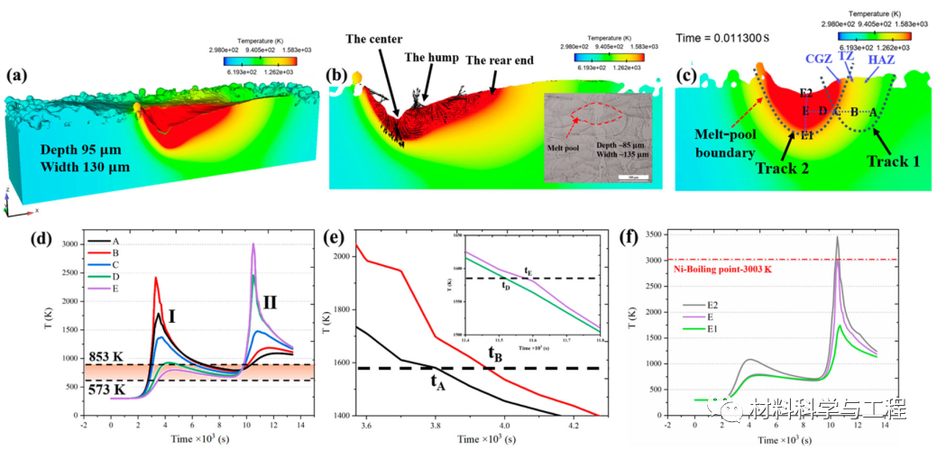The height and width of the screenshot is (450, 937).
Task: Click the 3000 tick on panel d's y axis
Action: [68, 245]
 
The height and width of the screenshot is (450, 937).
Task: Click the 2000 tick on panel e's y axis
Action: [338, 256]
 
